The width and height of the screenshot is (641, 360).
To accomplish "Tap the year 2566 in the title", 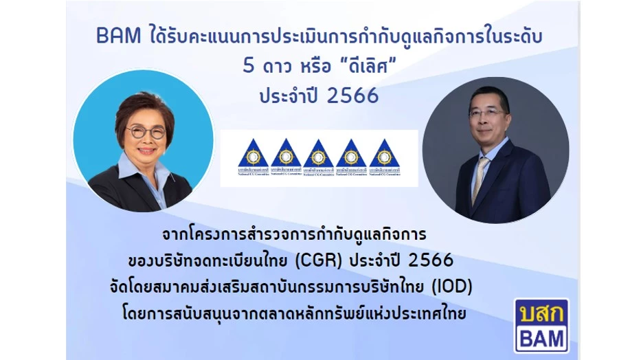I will (353, 96).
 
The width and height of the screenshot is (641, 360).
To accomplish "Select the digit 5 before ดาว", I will (248, 67).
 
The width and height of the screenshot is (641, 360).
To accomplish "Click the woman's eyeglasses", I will (144, 132).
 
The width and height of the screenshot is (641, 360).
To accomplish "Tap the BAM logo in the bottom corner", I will (541, 325).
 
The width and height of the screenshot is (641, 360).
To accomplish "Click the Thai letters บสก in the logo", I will (541, 313).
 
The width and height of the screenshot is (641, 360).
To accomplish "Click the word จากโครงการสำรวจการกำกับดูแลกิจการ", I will (295, 235).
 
